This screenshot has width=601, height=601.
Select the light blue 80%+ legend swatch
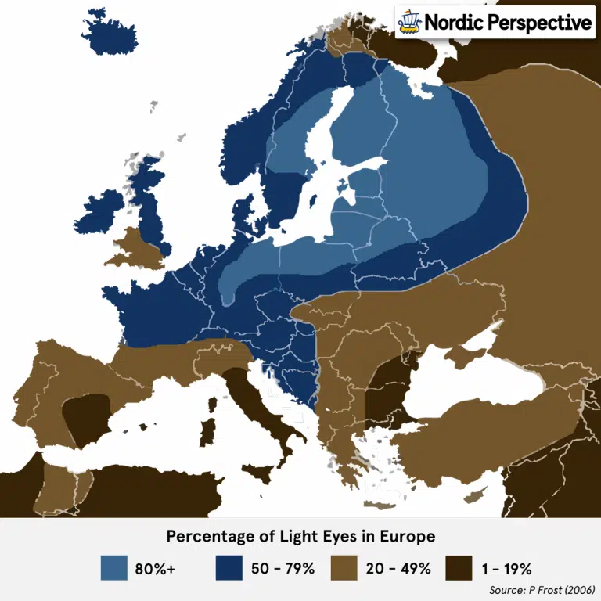coord(114,568)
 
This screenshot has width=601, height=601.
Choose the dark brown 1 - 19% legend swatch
coord(459,568)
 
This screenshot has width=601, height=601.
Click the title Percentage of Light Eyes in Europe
coord(300,537)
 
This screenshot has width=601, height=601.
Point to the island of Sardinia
coord(208,431)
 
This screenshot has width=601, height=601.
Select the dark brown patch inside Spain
coord(85,418)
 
